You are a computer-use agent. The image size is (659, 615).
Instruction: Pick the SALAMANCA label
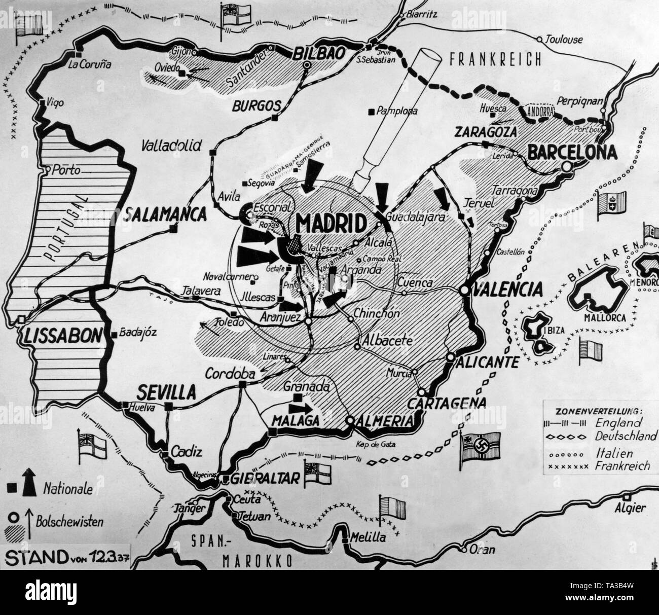pyautogui.click(x=165, y=214)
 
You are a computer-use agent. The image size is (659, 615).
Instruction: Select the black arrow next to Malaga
pyautogui.click(x=300, y=408)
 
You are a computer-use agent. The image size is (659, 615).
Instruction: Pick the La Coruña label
pyautogui.click(x=89, y=64)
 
